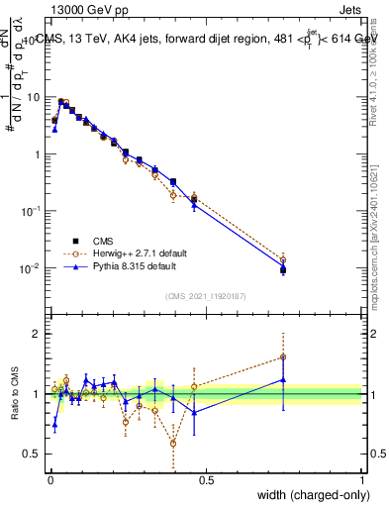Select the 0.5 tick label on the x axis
205,479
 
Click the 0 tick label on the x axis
49,479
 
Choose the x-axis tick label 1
361,479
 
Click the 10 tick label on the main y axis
33,97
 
